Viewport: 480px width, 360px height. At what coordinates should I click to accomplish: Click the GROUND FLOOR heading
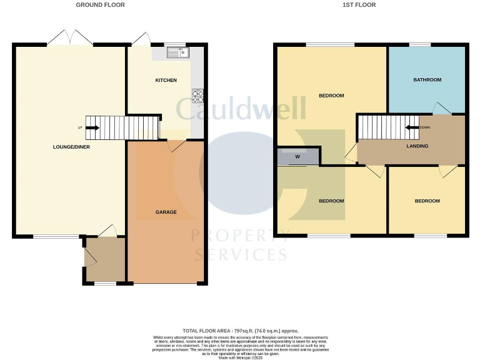[x=100, y=5]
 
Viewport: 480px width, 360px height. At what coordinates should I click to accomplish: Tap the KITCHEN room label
[x=166, y=80]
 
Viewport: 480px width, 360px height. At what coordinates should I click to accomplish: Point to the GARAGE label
[x=166, y=212]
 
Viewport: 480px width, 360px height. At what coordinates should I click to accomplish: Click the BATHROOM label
[x=427, y=80]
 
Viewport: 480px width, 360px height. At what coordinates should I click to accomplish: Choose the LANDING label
[x=417, y=146]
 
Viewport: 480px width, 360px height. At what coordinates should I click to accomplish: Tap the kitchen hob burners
[x=198, y=96]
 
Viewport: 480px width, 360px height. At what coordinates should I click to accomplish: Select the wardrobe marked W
[x=297, y=157]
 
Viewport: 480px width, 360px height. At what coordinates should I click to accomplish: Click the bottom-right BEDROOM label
[x=427, y=201]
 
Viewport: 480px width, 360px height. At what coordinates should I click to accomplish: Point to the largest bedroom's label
[x=331, y=96]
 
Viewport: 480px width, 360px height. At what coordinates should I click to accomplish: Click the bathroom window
[x=420, y=44]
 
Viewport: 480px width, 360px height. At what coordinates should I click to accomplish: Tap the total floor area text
[x=240, y=331]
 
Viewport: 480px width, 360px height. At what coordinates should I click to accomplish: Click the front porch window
[x=105, y=284]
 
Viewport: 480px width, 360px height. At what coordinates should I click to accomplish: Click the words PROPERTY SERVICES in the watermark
[x=240, y=246]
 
